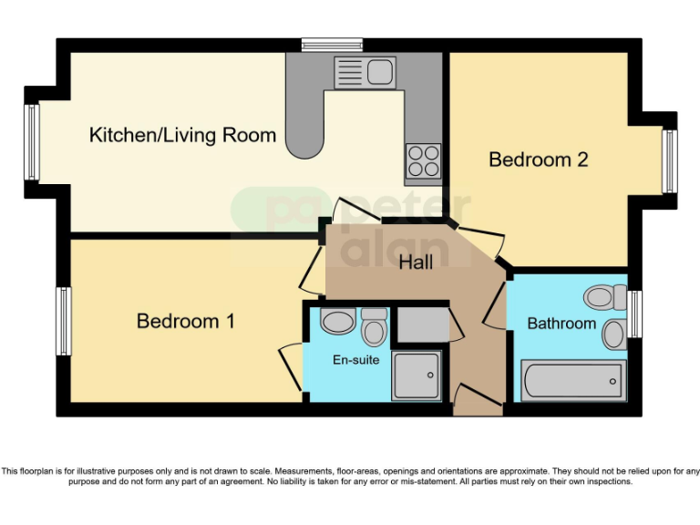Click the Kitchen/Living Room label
coord(182,136)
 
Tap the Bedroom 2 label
coord(538,160)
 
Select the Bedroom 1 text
coord(185,321)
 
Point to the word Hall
coord(416,262)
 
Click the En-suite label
coord(355,359)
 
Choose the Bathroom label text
coord(561,323)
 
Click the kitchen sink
coord(363,70)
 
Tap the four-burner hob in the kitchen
coord(423,160)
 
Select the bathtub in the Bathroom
coord(573,379)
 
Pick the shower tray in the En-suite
coord(417,376)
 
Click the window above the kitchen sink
coord(332,44)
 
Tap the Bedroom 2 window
coord(669,161)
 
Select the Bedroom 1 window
coord(64,321)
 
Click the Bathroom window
coord(635,314)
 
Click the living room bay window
coord(32,141)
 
